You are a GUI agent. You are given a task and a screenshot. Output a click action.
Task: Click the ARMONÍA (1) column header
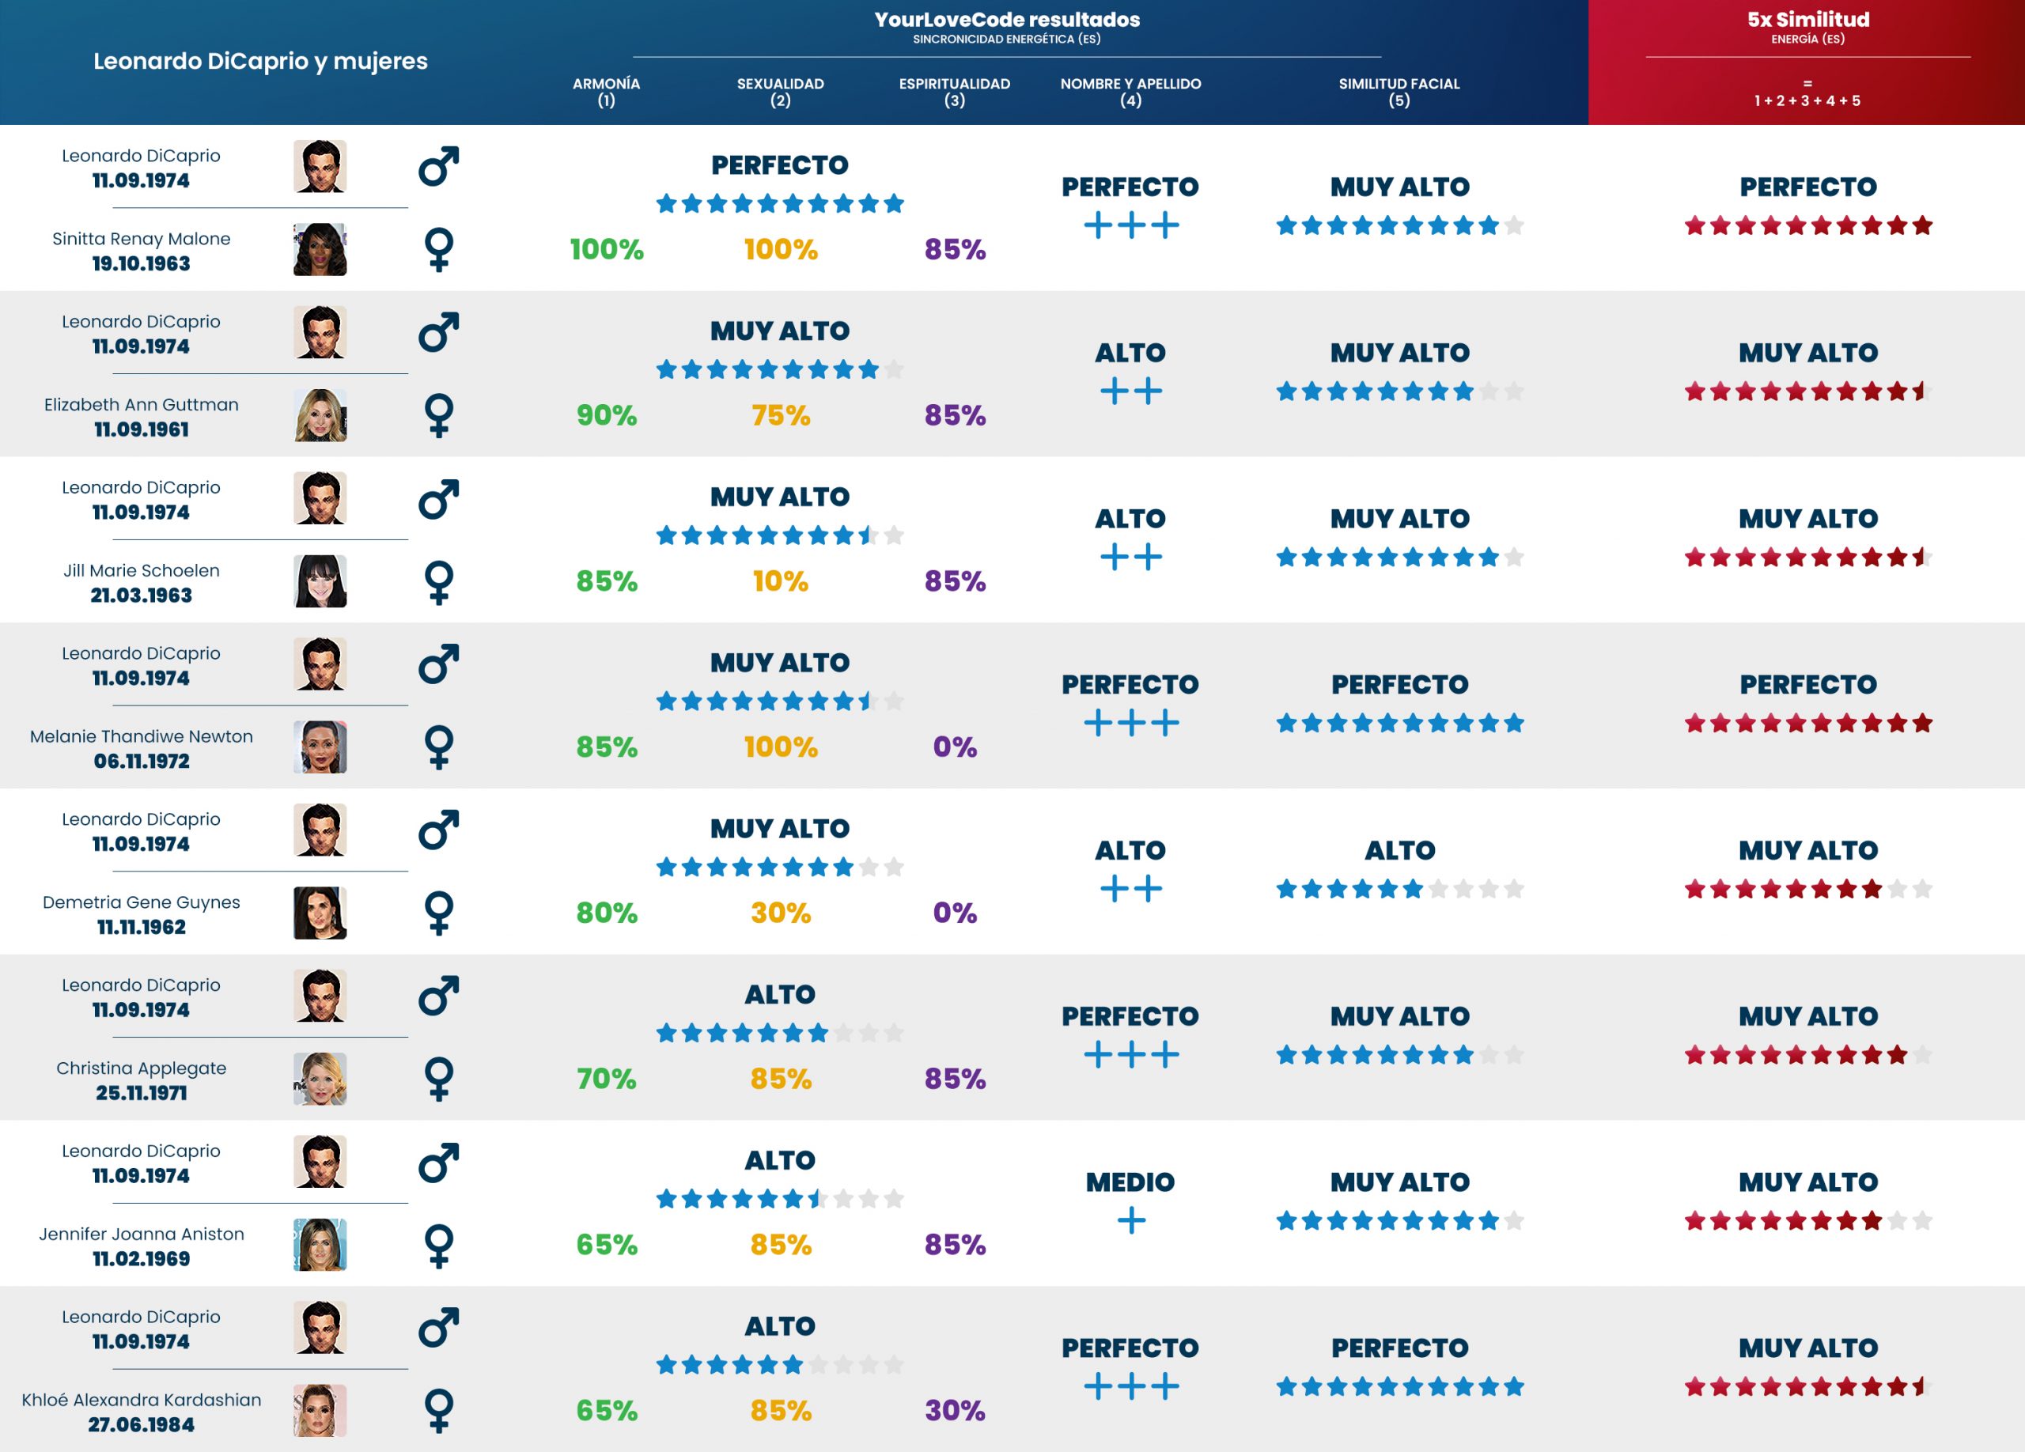click(605, 91)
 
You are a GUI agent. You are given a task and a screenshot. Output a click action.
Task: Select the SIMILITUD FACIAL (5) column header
click(1399, 91)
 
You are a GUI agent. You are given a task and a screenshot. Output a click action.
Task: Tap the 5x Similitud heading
click(1807, 20)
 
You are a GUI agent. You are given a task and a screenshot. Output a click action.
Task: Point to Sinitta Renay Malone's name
click(141, 238)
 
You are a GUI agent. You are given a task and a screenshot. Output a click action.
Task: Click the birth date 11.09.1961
click(141, 429)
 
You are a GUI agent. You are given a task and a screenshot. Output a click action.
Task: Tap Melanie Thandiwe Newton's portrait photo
click(320, 747)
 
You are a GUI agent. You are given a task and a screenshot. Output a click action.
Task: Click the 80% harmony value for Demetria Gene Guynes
click(606, 913)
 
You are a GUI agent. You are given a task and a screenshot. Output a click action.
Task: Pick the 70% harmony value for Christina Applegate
click(606, 1079)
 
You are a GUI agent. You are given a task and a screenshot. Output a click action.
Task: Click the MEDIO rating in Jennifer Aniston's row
click(1130, 1182)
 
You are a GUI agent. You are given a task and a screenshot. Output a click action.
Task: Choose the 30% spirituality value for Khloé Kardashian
click(955, 1410)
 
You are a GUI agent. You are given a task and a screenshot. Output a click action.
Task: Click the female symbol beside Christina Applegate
click(438, 1079)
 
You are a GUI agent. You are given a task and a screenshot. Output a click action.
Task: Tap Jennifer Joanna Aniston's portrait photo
click(320, 1244)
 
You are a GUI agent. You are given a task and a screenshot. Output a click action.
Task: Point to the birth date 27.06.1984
click(141, 1424)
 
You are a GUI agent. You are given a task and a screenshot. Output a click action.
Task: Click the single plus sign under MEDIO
click(1130, 1220)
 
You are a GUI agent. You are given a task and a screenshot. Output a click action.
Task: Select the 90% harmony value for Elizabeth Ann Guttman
click(606, 415)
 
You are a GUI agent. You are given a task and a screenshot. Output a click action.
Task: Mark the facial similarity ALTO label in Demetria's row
click(1399, 850)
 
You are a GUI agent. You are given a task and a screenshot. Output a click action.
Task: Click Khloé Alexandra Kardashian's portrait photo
click(320, 1410)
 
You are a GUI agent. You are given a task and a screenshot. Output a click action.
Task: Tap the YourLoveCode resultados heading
click(1006, 20)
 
